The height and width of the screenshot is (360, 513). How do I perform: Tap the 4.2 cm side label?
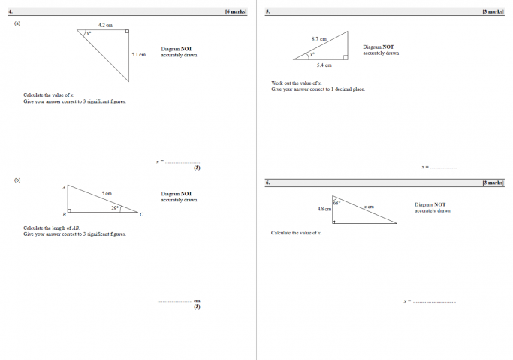coord(105,26)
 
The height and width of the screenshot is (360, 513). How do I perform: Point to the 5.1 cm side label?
coord(138,54)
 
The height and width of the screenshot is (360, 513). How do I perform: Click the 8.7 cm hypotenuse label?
coord(318,38)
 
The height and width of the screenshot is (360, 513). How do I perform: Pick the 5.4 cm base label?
coord(324,65)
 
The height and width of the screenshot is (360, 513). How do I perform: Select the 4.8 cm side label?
coord(324,209)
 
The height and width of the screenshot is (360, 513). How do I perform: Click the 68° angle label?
coord(337,202)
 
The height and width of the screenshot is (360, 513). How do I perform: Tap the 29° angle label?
coord(115,207)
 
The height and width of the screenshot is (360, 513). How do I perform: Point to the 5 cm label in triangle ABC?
coord(107,193)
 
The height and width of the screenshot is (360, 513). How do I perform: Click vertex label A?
coord(64,187)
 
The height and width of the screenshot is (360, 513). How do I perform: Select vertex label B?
coord(64,216)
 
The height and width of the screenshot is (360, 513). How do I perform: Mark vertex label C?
coord(141,216)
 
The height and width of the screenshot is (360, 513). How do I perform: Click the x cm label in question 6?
coord(369,206)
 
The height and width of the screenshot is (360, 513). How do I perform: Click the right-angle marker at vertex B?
coord(70,210)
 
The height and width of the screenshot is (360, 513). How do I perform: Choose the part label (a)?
coord(17,23)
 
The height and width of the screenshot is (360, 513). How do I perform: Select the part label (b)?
coord(17,180)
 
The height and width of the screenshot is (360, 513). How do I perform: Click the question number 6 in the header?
coord(267,183)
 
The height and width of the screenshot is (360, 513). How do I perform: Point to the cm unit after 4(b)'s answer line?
coord(197,301)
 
